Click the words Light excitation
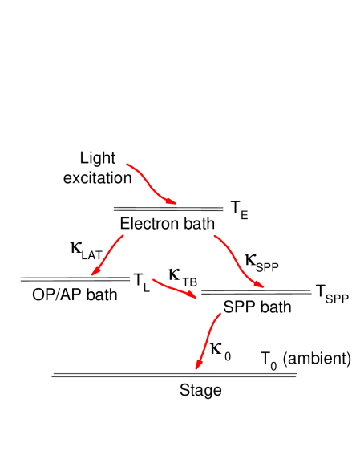tap(98, 167)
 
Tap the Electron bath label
tap(164, 224)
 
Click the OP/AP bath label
tap(75, 295)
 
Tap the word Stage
tap(200, 391)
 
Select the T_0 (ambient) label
tap(305, 359)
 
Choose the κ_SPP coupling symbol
tap(261, 262)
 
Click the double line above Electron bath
tap(168, 208)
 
